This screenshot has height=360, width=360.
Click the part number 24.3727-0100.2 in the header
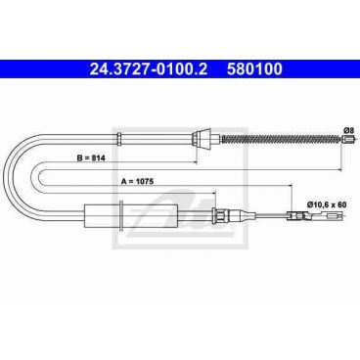tap(149, 69)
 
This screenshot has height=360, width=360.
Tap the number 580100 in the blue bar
tap(254, 69)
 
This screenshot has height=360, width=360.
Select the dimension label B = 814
tap(91, 158)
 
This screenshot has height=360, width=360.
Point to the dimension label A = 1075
tap(137, 182)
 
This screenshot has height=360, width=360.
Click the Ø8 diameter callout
tap(348, 130)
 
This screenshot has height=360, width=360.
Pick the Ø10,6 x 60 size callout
tap(327, 204)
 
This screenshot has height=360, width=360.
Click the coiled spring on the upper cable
tap(282, 139)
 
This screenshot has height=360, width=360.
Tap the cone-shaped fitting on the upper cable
tap(202, 139)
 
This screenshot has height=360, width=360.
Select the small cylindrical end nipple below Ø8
tap(349, 139)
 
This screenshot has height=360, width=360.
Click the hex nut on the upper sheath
tap(119, 139)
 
